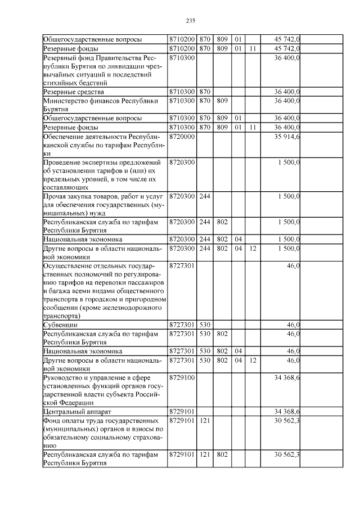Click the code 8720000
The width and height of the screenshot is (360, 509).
pyautogui.click(x=181, y=137)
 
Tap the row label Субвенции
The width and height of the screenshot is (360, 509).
pyautogui.click(x=61, y=325)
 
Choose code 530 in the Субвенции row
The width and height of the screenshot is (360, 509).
pyautogui.click(x=204, y=325)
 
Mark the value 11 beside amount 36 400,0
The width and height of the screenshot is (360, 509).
pyautogui.click(x=253, y=128)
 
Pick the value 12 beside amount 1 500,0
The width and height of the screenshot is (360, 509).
pyautogui.click(x=253, y=248)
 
